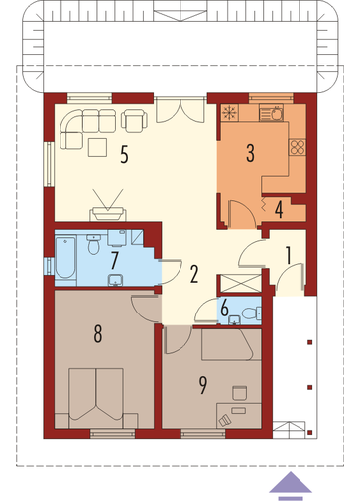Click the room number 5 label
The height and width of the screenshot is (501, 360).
pyautogui.click(x=124, y=154)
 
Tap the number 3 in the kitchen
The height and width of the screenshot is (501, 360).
pyautogui.click(x=250, y=153)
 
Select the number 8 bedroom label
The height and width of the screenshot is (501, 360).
pyautogui.click(x=98, y=333)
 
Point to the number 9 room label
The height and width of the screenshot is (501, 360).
pyautogui.click(x=203, y=385)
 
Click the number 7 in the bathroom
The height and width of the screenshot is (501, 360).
pyautogui.click(x=114, y=260)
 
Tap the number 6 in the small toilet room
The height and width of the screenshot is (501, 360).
pyautogui.click(x=224, y=309)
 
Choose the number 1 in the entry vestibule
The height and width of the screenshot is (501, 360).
pyautogui.click(x=289, y=255)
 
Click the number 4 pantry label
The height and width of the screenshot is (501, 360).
pyautogui.click(x=279, y=210)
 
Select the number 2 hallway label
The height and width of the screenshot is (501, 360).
pyautogui.click(x=194, y=274)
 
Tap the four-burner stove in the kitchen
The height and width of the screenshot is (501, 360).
pyautogui.click(x=297, y=147)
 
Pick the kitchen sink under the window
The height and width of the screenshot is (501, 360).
pyautogui.click(x=271, y=112)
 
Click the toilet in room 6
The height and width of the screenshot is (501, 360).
pyautogui.click(x=252, y=313)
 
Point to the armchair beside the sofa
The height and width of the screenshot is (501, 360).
pyautogui.click(x=134, y=119)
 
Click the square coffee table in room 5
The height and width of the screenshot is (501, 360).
pyautogui.click(x=97, y=147)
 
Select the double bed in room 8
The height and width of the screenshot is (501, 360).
pyautogui.click(x=96, y=398)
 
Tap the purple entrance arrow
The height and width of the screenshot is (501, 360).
pyautogui.click(x=291, y=485)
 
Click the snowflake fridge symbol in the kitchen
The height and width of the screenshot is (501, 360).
pyautogui.click(x=229, y=112)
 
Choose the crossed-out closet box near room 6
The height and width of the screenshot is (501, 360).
pyautogui.click(x=240, y=284)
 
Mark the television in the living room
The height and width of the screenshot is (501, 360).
pyautogui.click(x=108, y=214)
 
